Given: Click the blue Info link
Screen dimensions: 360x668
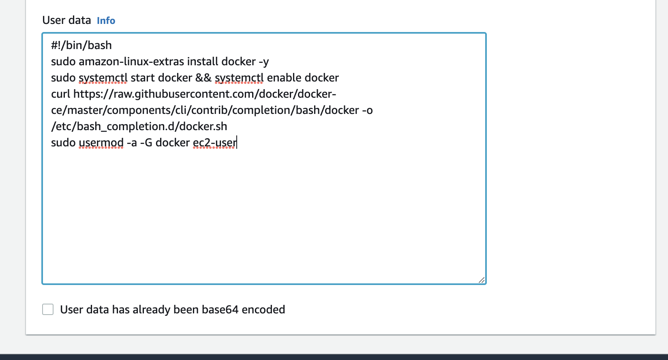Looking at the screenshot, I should [x=106, y=21].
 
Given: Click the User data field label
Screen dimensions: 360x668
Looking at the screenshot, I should [x=66, y=20].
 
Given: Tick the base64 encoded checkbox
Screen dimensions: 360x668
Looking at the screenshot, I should [x=48, y=309].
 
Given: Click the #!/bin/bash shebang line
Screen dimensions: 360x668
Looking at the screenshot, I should [x=81, y=45].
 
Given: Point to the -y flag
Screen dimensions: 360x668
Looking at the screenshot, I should [x=263, y=62].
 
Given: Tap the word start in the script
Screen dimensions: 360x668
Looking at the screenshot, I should [x=143, y=78].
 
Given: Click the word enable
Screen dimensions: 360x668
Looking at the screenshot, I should [x=284, y=78].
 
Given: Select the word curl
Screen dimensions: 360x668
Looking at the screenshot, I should [x=60, y=94].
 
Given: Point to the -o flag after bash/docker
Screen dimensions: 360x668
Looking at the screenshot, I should [x=367, y=110].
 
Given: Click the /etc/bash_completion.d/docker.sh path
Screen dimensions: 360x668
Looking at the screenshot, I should [x=139, y=126].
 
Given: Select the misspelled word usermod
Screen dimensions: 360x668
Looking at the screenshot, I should [x=101, y=143].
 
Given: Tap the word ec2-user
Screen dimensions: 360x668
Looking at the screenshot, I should [x=214, y=143].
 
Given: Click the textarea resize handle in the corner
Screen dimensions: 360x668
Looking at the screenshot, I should [x=482, y=280].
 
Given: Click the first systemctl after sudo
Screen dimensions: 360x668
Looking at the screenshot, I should [x=103, y=78].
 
